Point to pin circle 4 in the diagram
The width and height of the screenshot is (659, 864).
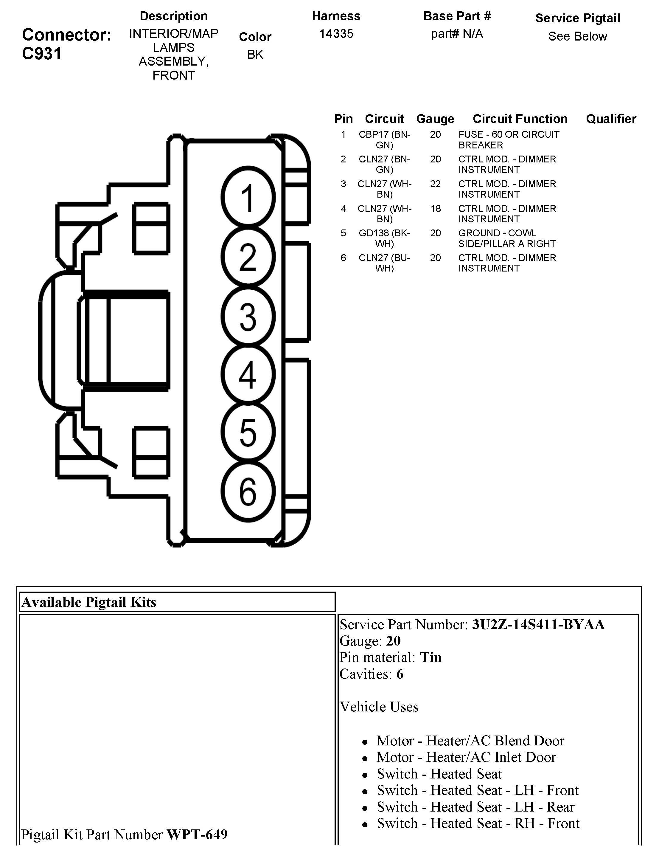[248, 374]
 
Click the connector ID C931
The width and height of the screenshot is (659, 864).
[42, 53]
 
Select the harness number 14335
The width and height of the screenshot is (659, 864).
[336, 34]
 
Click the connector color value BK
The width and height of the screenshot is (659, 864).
[255, 55]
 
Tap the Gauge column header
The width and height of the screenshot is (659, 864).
[435, 119]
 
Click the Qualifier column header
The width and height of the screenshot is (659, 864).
[611, 119]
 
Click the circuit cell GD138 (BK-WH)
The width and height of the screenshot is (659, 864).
[384, 238]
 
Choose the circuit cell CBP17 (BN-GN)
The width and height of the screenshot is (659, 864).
[384, 140]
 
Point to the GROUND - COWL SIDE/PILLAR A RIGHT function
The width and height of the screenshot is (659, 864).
[507, 238]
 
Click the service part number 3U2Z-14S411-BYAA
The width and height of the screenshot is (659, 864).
[538, 625]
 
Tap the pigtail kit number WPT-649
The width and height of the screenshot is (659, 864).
[197, 834]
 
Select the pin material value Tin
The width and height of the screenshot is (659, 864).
[431, 657]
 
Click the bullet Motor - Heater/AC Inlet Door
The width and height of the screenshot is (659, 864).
[466, 757]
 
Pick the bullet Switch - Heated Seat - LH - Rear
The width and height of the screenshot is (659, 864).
[475, 807]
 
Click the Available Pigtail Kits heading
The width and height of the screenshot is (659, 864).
[89, 602]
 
